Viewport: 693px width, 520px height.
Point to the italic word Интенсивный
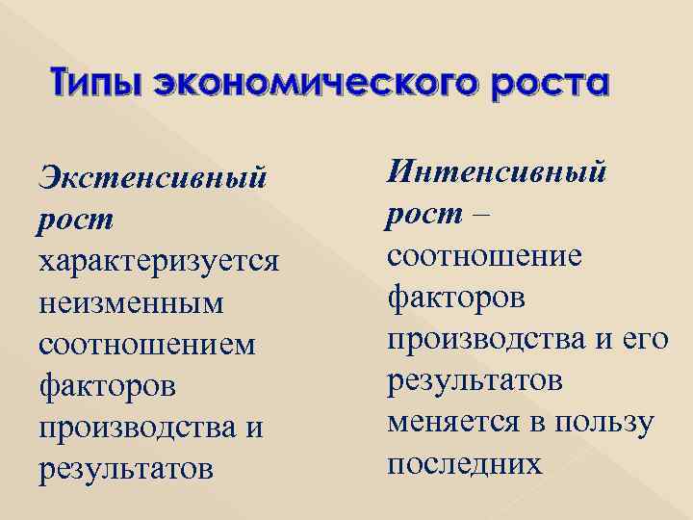(x=498, y=173)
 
